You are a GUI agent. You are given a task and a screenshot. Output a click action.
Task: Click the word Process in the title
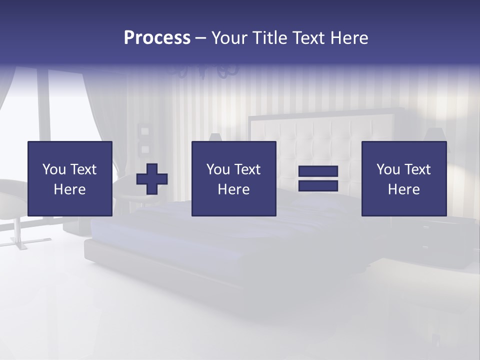(157, 38)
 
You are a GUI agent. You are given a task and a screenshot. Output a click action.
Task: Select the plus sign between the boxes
(152, 178)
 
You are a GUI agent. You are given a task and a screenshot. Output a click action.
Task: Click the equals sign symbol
(318, 178)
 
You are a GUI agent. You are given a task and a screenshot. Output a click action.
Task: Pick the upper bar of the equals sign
(318, 171)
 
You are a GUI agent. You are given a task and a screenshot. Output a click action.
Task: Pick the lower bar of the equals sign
(318, 186)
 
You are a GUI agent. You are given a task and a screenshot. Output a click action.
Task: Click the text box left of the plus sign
(69, 178)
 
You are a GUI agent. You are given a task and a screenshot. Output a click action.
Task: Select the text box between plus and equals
(233, 178)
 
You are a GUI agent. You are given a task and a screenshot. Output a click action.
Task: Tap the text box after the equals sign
(403, 178)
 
